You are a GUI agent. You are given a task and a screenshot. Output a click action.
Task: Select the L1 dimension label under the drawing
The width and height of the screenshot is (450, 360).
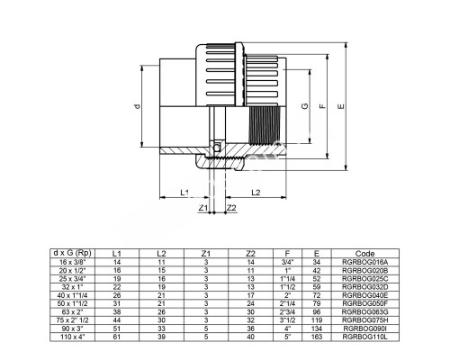tap(183, 193)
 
